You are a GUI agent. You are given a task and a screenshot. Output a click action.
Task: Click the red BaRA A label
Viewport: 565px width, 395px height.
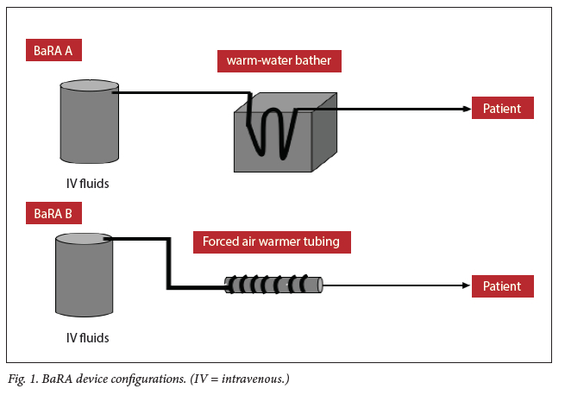coord(53,50)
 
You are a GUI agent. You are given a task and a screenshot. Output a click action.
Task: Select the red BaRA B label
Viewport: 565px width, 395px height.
coord(53,211)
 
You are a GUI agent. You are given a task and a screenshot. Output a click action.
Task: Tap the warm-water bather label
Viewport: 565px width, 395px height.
coord(278,61)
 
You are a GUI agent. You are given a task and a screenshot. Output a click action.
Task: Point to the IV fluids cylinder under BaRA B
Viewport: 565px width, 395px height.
coord(85,278)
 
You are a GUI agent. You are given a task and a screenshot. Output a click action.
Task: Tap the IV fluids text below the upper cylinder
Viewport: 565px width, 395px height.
coord(88,183)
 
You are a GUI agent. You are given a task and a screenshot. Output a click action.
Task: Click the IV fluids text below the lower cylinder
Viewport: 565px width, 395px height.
coord(88,337)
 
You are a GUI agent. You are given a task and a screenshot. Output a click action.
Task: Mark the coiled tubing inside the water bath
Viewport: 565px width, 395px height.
coord(267,129)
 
